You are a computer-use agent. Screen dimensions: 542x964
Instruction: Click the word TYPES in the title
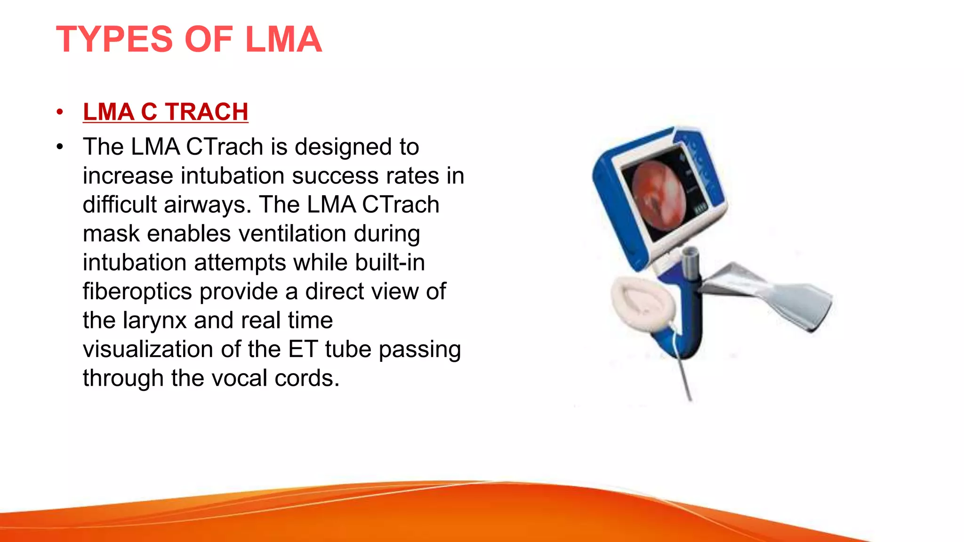114,39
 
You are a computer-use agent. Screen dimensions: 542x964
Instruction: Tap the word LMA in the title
283,39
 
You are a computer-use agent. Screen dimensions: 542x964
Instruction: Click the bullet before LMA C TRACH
59,112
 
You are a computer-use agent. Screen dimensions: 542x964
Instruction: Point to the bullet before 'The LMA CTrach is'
59,147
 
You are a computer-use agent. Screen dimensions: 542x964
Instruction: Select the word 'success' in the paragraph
335,175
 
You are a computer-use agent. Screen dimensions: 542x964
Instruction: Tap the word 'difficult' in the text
120,205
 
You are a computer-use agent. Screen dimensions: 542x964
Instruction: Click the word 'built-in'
390,262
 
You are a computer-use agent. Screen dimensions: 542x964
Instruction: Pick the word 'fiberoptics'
137,291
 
